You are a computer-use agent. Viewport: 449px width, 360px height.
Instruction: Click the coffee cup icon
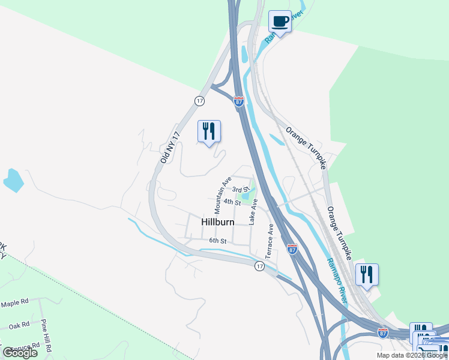tap(279, 22)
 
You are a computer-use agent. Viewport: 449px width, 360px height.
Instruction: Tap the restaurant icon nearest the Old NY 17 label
tap(209, 131)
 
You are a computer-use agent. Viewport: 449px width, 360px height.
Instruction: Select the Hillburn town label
tap(217, 222)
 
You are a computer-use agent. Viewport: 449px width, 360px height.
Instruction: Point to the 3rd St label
tap(241, 190)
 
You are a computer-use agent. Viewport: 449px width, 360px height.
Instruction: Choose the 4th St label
tap(232, 202)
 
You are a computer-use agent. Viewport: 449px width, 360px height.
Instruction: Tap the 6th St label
tap(217, 241)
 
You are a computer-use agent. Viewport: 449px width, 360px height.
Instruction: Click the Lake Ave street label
tap(253, 212)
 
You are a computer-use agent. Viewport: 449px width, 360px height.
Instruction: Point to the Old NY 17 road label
tap(170, 148)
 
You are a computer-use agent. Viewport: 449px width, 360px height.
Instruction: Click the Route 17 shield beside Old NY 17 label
tap(199, 101)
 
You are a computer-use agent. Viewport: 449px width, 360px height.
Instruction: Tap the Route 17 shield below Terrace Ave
tap(259, 266)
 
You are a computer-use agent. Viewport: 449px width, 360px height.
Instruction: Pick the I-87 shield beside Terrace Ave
tap(292, 248)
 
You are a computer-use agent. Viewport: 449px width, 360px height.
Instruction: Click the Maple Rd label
tap(15, 304)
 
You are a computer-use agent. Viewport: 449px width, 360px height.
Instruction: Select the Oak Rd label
tap(19, 326)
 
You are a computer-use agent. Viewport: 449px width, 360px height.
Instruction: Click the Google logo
tap(20, 353)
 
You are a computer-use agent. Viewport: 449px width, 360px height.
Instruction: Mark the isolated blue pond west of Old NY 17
tap(12, 179)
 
